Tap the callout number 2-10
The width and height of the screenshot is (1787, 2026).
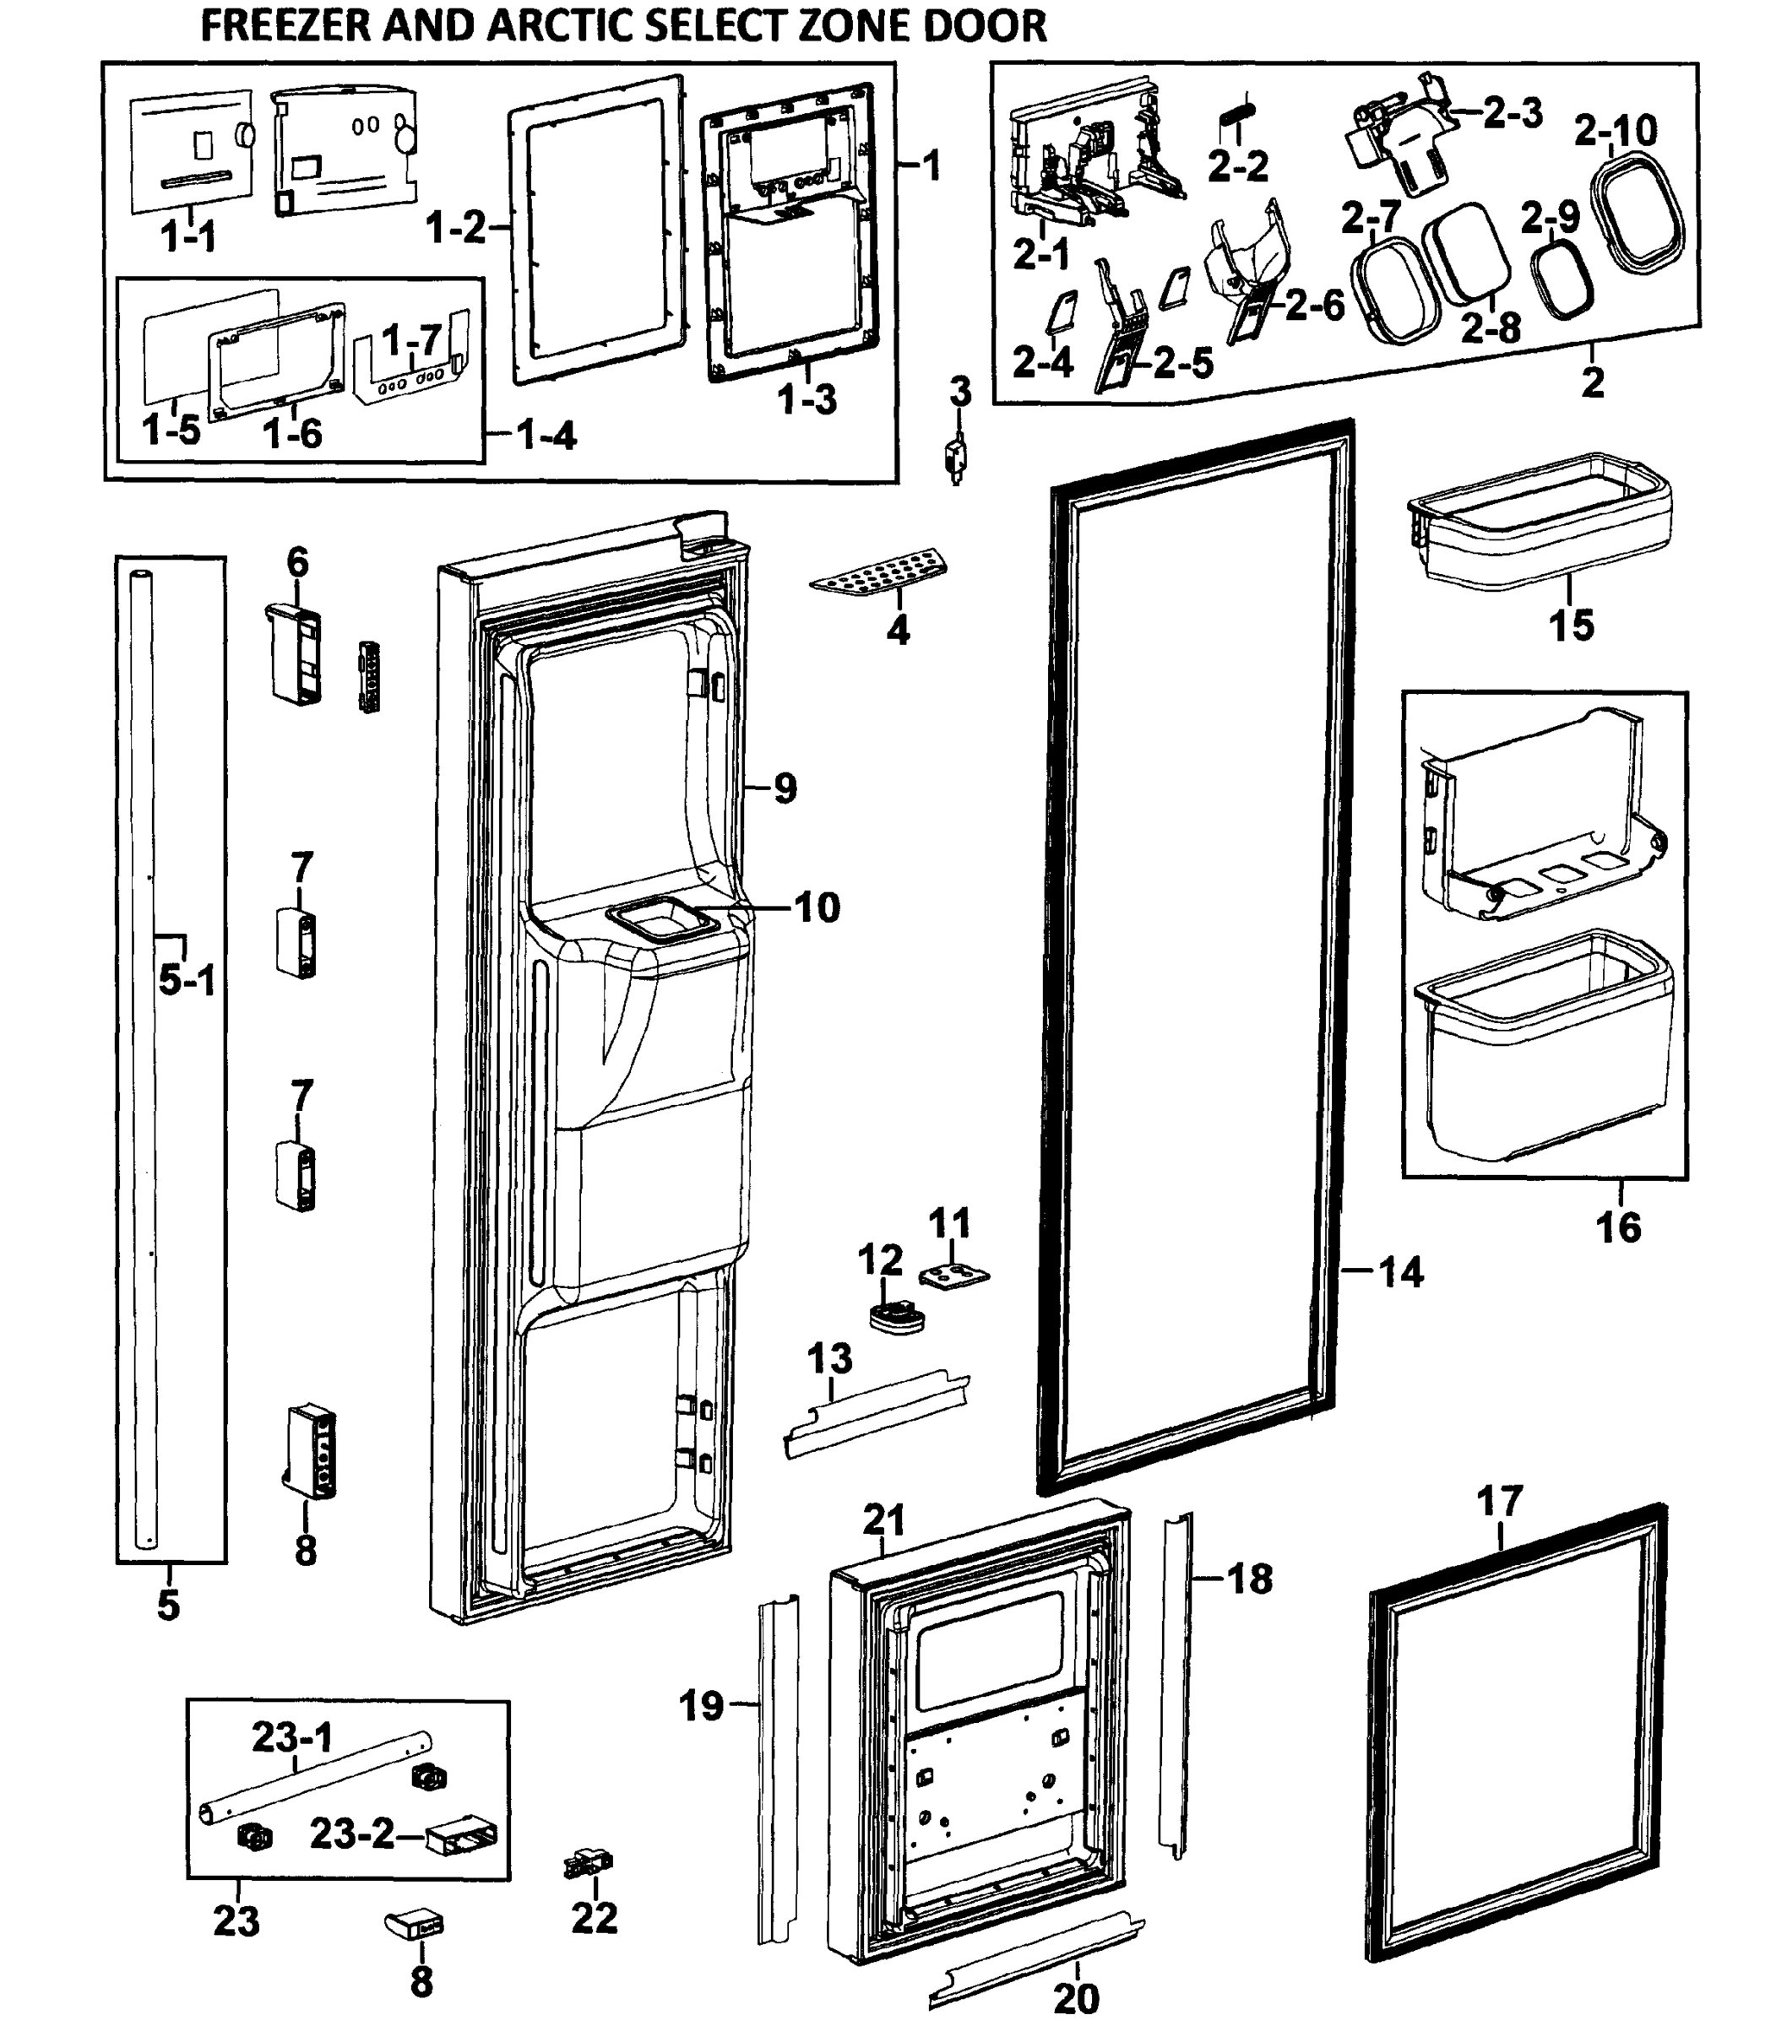(1615, 131)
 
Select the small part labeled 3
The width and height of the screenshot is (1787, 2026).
(956, 458)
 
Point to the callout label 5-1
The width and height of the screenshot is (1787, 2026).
(187, 981)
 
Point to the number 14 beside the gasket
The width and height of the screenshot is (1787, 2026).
(1400, 1271)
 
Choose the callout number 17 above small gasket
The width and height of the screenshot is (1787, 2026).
(1498, 1503)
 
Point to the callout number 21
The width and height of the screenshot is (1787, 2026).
(883, 1519)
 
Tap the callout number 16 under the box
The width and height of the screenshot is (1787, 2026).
(1617, 1227)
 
